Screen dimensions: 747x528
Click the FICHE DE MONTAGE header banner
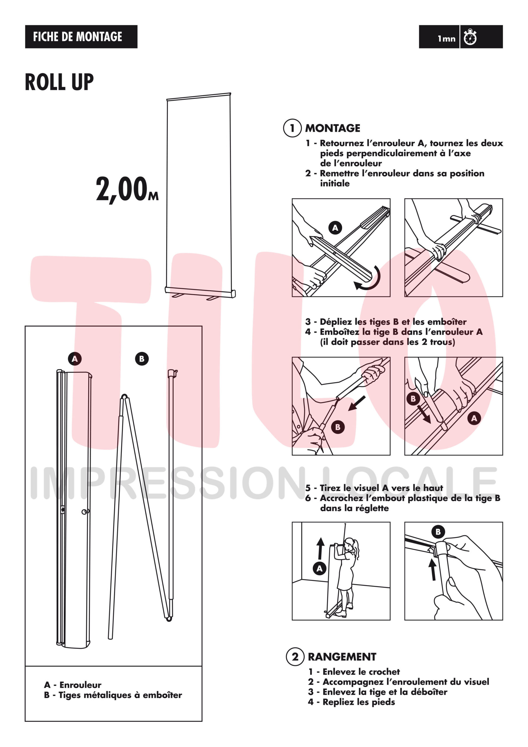tap(81, 36)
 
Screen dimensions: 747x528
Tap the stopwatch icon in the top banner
tap(470, 37)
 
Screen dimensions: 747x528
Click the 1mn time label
tap(446, 39)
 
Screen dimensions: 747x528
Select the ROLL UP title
tap(59, 82)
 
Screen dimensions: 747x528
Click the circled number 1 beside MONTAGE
tap(292, 128)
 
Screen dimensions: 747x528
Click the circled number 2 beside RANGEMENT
tap(295, 657)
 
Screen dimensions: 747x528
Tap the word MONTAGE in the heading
tap(333, 128)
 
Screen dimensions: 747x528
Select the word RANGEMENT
tap(342, 657)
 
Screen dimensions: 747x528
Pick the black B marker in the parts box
tap(141, 359)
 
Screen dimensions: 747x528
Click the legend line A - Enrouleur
tap(73, 685)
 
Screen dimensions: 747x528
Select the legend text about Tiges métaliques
tap(113, 695)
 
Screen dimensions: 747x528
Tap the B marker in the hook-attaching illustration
tap(438, 532)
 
